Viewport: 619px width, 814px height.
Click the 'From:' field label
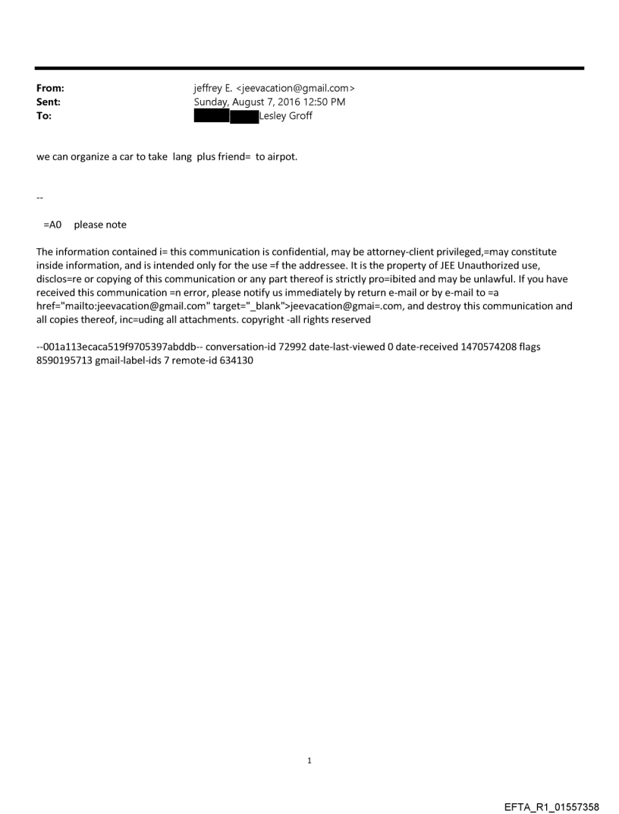[50, 88]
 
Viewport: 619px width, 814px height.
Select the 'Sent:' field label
[49, 102]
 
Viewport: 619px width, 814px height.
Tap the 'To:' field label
[44, 115]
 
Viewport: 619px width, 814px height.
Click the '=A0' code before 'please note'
[52, 225]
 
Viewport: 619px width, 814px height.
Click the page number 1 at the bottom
[309, 759]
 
